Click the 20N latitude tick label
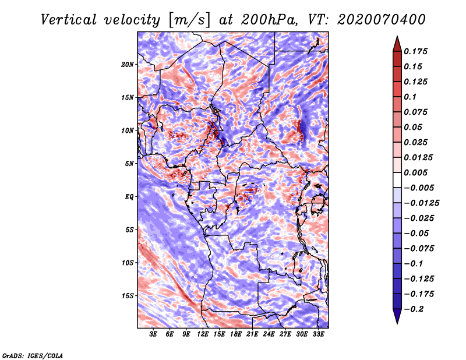pos(128,65)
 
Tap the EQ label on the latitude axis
pos(129,197)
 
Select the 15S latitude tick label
pos(128,296)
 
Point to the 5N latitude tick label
pos(129,164)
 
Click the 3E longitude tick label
pos(153,334)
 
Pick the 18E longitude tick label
pos(236,334)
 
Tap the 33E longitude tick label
pos(318,334)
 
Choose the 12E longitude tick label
pos(203,334)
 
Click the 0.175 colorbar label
pos(415,51)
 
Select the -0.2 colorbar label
pos(414,309)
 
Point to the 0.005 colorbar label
pos(415,172)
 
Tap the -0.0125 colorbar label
pos(421,203)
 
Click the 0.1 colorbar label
pos(410,97)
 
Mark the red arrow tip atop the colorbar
pos(397,36)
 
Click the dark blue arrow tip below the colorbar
pos(397,323)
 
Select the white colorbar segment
pos(397,180)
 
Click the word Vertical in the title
pos(68,20)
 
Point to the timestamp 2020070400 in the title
pos(382,20)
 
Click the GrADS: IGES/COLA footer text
pos(33,355)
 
